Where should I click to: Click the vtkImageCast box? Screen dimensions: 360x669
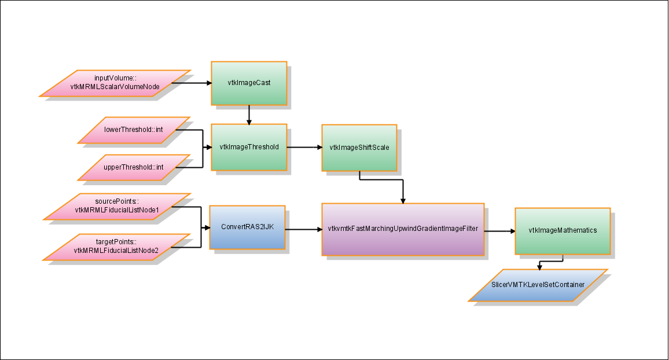249,83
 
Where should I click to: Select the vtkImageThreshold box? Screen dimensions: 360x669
249,147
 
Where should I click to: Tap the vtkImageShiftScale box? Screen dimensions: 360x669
359,148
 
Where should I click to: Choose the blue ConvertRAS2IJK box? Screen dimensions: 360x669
247,227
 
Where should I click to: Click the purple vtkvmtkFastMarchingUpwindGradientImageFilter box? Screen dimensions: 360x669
402,230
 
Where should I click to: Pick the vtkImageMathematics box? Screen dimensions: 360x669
562,230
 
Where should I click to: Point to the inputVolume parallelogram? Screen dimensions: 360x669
116,83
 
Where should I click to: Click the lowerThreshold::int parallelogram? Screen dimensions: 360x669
134,130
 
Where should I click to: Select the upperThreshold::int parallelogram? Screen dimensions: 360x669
134,167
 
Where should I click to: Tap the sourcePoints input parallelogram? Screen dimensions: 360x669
117,206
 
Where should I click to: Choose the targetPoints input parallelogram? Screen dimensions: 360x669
116,247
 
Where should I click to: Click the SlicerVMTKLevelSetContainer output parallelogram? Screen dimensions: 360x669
538,285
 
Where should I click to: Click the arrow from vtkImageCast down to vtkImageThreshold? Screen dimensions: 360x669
249,115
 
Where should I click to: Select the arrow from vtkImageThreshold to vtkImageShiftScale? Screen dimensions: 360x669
304,147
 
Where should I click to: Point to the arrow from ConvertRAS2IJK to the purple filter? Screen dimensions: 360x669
303,230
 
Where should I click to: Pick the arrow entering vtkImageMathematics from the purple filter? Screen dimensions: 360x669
499,230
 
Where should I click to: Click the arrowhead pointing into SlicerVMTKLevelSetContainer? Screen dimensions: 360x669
539,267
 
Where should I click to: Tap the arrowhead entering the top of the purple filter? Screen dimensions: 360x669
403,200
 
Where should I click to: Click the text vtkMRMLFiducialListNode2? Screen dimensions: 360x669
116,250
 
